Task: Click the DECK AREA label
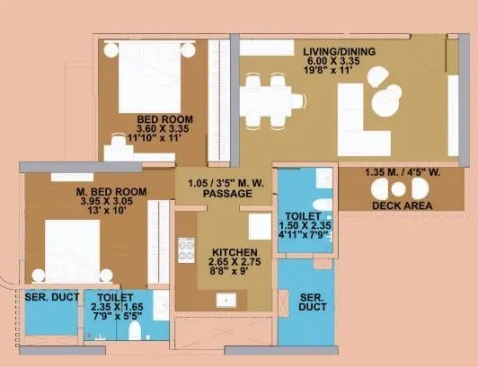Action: click(402, 206)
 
